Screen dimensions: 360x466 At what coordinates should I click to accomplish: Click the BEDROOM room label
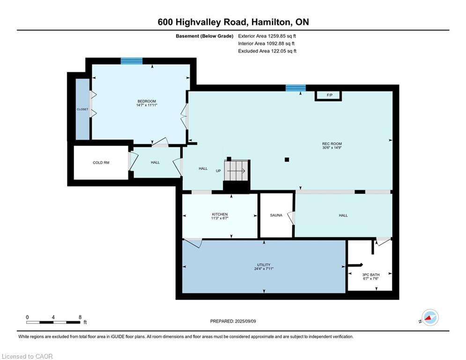(147, 101)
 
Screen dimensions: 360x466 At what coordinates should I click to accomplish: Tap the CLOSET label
(82, 109)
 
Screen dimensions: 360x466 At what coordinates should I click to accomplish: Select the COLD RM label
(101, 163)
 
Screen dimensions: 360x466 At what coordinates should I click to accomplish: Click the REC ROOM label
(332, 144)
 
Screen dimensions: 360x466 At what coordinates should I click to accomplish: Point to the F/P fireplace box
(329, 96)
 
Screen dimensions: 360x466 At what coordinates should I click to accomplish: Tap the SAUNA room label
(276, 215)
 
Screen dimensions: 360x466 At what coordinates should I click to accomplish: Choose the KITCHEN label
(220, 214)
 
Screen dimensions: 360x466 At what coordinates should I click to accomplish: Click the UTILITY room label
(264, 265)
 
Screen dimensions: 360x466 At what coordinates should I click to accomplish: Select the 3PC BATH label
(370, 274)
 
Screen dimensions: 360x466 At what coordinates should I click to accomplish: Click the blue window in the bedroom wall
(132, 60)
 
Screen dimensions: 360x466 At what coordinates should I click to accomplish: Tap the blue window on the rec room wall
(296, 88)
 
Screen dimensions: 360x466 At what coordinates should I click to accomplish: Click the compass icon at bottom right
(429, 317)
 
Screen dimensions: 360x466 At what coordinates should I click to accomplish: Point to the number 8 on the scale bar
(80, 317)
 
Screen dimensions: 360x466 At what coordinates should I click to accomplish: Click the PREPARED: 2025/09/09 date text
(234, 321)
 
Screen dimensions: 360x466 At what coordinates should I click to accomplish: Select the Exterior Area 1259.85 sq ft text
(267, 36)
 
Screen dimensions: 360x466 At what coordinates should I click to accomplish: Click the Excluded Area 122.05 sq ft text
(267, 51)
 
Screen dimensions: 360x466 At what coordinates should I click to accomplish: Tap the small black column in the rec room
(287, 160)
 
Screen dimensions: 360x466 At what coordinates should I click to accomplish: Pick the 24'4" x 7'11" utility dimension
(264, 269)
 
